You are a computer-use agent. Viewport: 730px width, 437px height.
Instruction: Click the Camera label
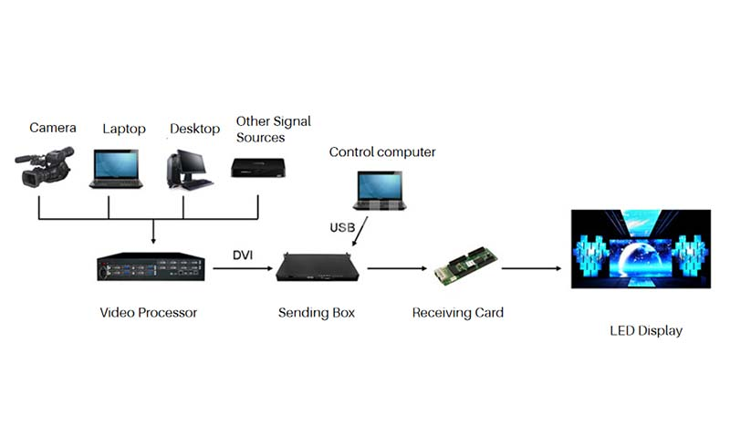[x=53, y=128]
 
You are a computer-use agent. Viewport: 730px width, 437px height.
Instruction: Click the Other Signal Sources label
[x=273, y=129]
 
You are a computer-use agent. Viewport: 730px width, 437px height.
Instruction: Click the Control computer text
[x=382, y=152]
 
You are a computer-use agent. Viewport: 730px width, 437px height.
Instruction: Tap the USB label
[x=342, y=225]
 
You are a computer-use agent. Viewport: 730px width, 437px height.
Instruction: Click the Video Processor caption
[x=148, y=313]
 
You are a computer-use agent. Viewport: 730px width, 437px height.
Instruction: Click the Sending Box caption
[x=317, y=313]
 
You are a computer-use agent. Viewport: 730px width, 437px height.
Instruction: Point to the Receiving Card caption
[x=458, y=313]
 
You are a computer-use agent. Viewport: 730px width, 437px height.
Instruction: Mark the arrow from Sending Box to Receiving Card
[x=394, y=268]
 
